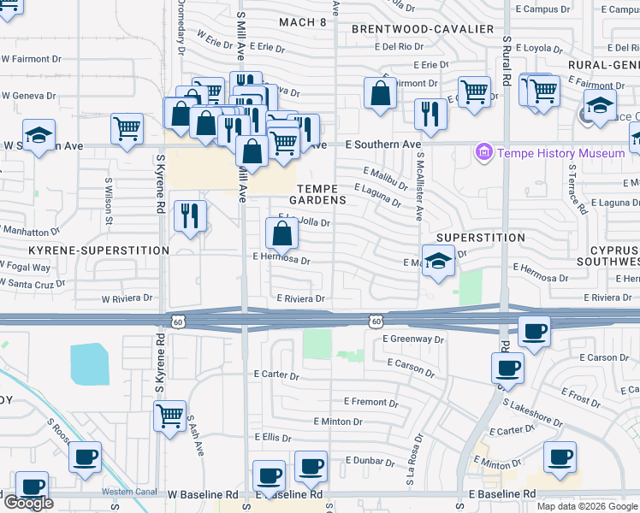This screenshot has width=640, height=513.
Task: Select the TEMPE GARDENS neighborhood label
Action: click(322, 194)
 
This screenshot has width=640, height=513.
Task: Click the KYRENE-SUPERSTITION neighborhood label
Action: click(99, 251)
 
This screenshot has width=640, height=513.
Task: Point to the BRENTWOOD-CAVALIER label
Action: click(423, 29)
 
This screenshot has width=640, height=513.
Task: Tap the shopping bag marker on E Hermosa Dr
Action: click(282, 232)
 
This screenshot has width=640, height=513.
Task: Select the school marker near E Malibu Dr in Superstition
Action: click(438, 260)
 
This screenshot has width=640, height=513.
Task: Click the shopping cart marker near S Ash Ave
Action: click(169, 416)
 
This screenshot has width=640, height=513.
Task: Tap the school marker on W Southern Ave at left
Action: click(38, 137)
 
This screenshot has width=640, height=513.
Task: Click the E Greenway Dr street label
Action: click(414, 339)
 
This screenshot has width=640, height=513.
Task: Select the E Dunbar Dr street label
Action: click(373, 460)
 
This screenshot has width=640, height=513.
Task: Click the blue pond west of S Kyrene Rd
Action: click(91, 363)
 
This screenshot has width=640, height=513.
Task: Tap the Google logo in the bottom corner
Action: click(27, 502)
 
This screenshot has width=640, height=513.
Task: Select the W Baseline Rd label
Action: click(203, 495)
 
